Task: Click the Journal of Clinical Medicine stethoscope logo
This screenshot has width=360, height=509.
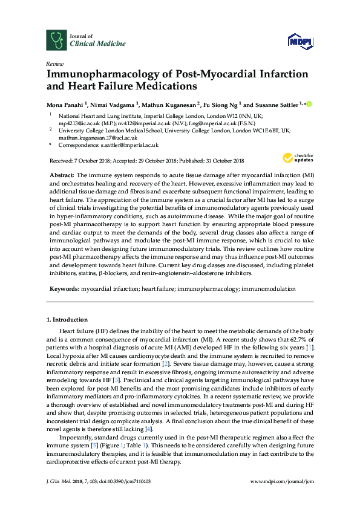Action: click(x=56, y=40)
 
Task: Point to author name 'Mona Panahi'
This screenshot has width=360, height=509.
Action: click(x=66, y=105)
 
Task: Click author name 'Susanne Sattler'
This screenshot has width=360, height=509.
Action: click(x=277, y=105)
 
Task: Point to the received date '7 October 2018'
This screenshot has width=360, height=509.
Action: click(x=96, y=160)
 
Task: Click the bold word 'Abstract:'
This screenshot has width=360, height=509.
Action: click(x=62, y=174)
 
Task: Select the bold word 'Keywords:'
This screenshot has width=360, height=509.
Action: click(x=64, y=289)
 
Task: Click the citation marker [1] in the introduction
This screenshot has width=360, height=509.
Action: click(x=309, y=348)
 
